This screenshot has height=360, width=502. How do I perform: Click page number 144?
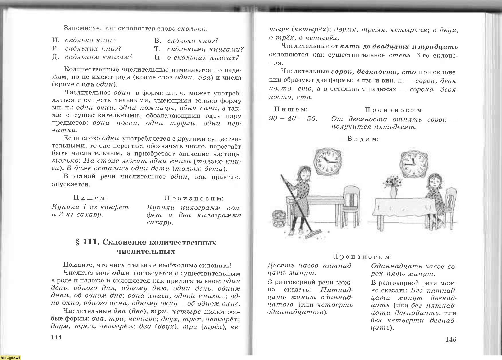coord(56,337)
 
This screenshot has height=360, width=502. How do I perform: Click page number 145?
coord(451,340)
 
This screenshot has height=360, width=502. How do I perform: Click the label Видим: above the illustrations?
coord(363,139)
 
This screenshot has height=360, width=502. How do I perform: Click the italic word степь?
coord(399,55)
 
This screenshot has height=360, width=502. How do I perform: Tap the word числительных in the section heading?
coord(146,252)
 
